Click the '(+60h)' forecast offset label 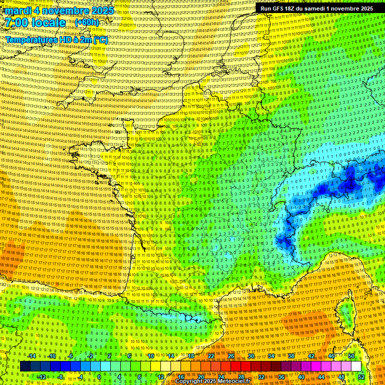click(87, 23)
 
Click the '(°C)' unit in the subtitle click(99, 40)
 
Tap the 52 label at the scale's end click(361, 377)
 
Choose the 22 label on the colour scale click(211, 356)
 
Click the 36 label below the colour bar click(281, 377)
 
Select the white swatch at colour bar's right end click(356, 366)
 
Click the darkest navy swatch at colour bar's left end click(25, 366)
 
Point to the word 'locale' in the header click(47, 23)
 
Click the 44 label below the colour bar click(321, 377)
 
